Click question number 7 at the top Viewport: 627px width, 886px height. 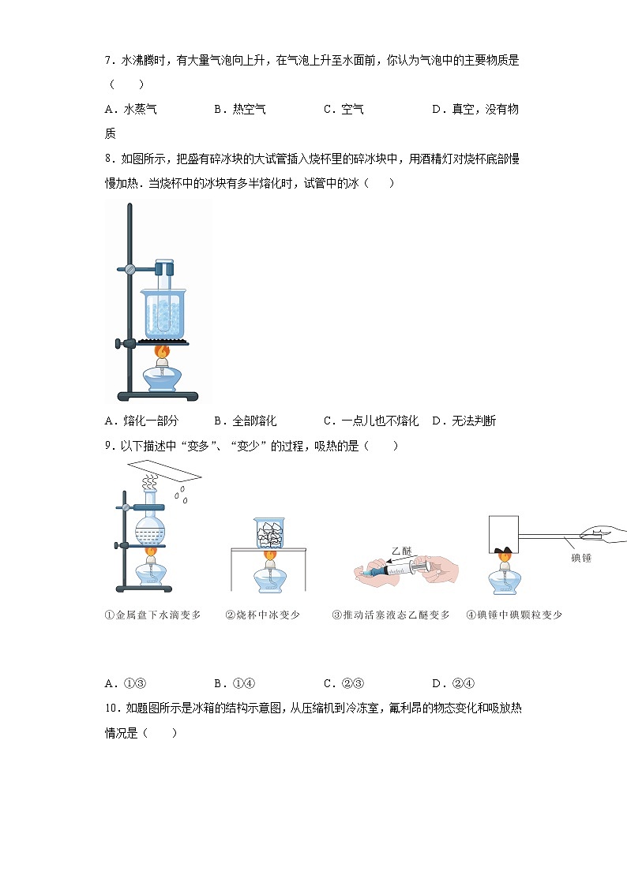(x=110, y=61)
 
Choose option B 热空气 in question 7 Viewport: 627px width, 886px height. (x=240, y=110)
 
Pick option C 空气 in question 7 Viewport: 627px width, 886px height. (x=344, y=110)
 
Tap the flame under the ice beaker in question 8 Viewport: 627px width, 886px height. (x=162, y=352)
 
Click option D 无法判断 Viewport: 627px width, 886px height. (x=464, y=421)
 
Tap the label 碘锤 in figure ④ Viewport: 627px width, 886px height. (x=581, y=558)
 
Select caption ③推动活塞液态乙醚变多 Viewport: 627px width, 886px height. (x=391, y=615)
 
